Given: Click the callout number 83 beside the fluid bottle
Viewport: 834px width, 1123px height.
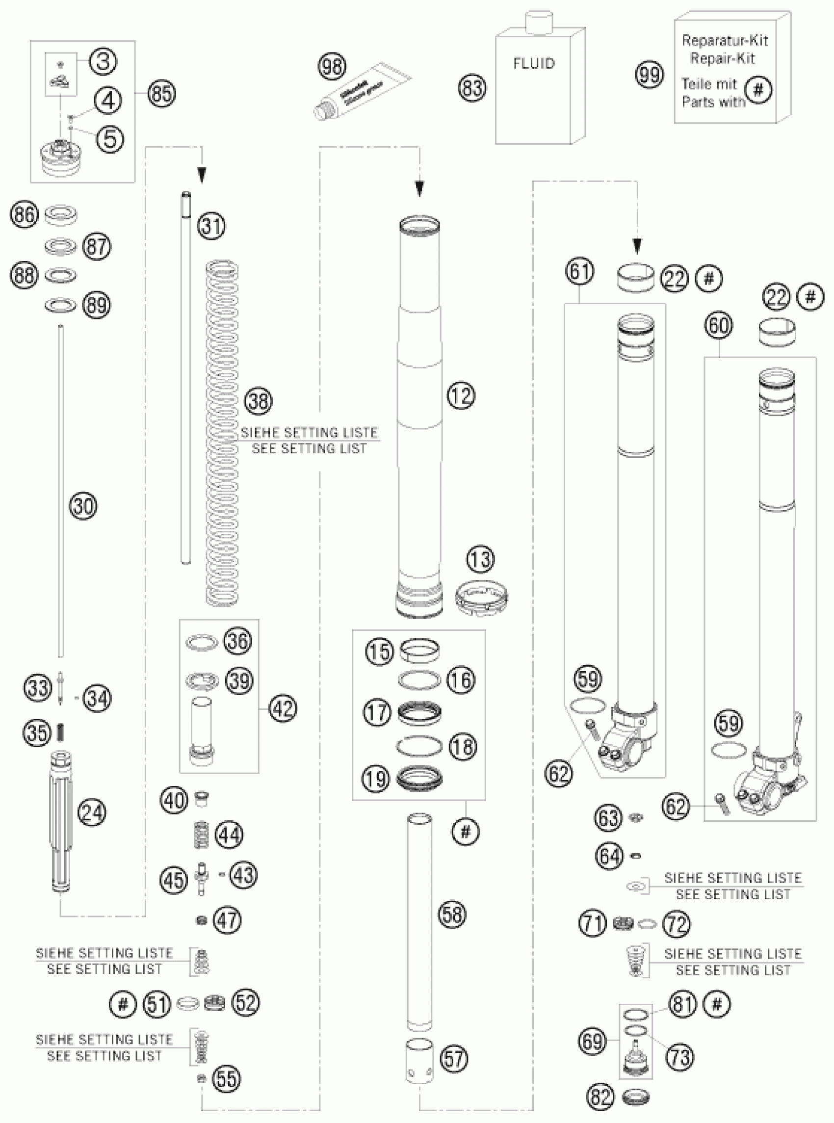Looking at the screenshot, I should [x=472, y=88].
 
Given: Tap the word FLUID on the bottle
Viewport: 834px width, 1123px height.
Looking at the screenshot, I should [x=534, y=64].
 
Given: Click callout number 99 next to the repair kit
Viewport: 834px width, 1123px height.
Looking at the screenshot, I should [x=650, y=74].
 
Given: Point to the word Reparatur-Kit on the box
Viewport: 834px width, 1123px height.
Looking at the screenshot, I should [x=725, y=40].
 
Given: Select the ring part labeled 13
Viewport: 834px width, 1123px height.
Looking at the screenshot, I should [x=482, y=596].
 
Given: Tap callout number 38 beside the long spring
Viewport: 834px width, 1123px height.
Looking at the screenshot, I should [x=259, y=401].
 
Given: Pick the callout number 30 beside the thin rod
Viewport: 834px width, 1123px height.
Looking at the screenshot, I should [x=83, y=505].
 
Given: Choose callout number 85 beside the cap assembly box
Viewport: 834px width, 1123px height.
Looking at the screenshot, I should [x=161, y=93].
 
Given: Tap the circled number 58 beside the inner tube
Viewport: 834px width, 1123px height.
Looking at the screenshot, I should [x=452, y=914].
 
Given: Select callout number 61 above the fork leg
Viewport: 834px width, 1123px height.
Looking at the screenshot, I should [x=579, y=271].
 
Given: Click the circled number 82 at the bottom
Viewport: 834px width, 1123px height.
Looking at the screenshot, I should [x=600, y=1096].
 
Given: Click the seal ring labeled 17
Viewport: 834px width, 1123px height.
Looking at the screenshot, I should [x=418, y=713].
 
